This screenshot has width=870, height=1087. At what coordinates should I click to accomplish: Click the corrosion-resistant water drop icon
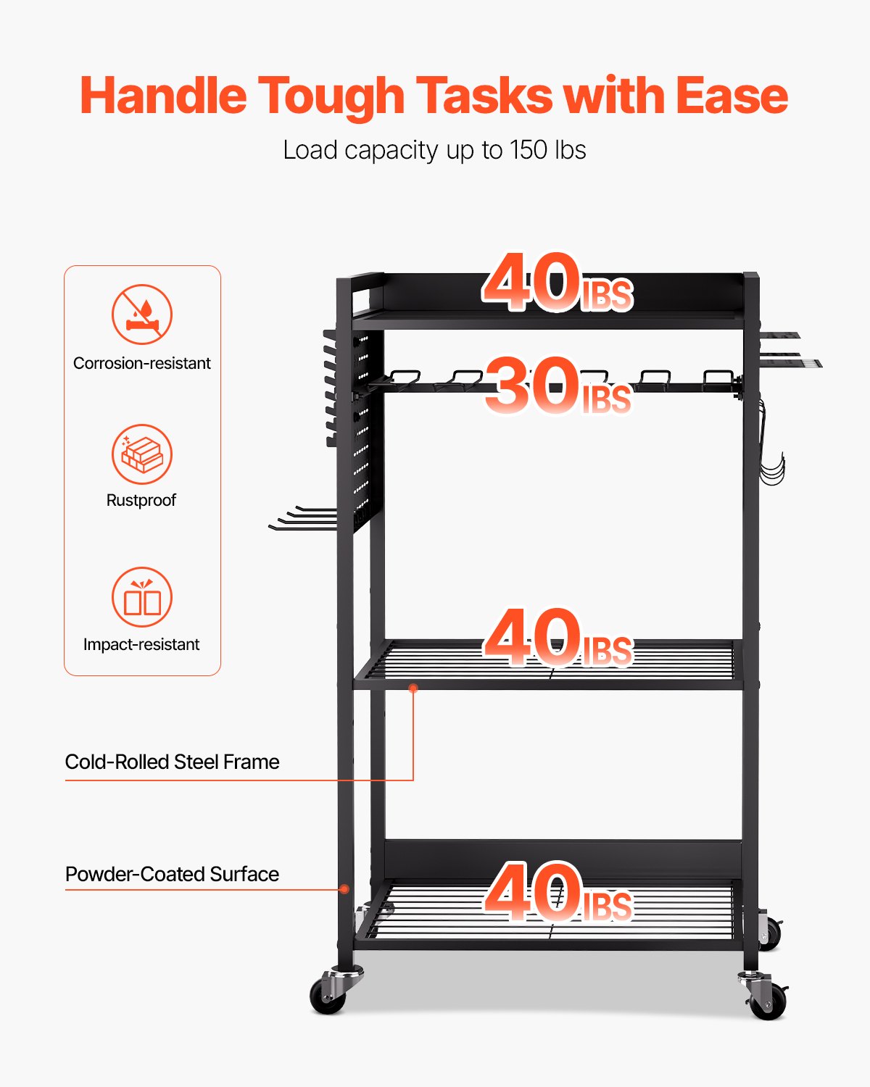(142, 315)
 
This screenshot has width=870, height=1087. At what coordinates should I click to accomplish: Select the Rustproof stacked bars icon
(142, 454)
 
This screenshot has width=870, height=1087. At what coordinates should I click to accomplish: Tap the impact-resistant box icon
(142, 597)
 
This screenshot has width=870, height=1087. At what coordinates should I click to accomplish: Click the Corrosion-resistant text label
(142, 363)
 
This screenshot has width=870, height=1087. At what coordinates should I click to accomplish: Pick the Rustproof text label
(141, 500)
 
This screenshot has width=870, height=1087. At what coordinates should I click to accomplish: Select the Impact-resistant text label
(141, 644)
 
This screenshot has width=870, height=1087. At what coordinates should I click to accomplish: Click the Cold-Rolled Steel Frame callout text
(172, 762)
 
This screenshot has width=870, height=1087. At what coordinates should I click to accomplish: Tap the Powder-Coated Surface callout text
(172, 874)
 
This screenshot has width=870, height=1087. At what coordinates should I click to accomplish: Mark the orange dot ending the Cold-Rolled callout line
(413, 688)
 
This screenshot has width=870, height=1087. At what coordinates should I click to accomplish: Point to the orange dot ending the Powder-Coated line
(345, 889)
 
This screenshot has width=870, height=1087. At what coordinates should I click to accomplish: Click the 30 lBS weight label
(557, 386)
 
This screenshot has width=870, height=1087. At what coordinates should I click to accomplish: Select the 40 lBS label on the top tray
(557, 283)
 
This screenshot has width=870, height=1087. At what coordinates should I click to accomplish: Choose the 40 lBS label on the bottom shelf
(557, 893)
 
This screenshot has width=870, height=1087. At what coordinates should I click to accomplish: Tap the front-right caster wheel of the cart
(768, 1000)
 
